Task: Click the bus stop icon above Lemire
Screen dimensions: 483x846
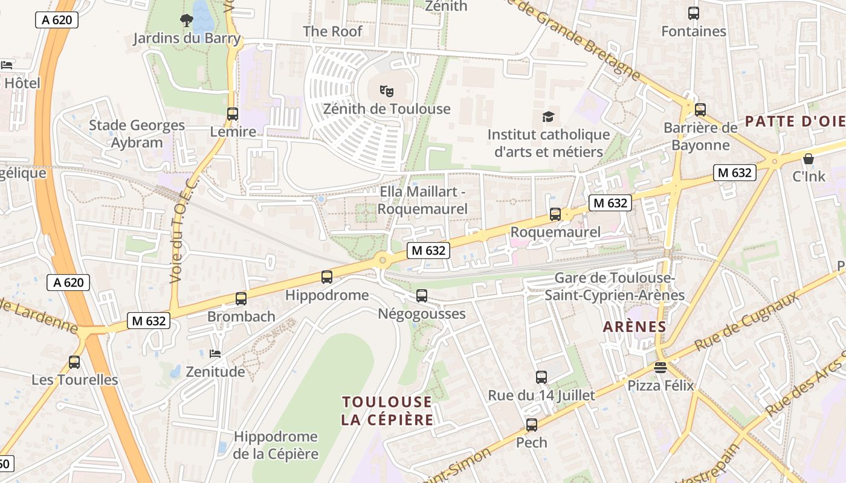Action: [x=233, y=114]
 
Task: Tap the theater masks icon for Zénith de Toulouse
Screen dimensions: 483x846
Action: [x=387, y=91]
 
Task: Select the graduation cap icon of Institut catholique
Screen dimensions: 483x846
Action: [x=548, y=117]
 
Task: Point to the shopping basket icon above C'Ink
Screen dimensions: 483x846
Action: [x=808, y=159]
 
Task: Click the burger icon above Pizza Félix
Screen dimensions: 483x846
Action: [x=660, y=368]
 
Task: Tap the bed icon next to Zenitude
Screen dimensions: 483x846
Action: [x=215, y=353]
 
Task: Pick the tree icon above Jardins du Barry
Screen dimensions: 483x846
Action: [x=187, y=21]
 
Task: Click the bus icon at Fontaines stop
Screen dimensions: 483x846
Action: [x=694, y=13]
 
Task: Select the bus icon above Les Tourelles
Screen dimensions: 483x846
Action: [x=74, y=362]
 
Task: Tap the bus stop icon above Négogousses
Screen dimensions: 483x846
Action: [x=422, y=296]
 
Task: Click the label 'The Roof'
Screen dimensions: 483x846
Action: [x=332, y=31]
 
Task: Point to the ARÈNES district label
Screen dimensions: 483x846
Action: [x=634, y=327]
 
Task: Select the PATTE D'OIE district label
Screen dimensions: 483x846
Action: [x=795, y=121]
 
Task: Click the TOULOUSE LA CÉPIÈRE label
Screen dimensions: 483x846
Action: [x=387, y=411]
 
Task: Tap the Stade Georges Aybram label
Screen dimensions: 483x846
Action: [x=137, y=134]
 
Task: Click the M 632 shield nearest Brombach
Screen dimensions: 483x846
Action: [x=148, y=321]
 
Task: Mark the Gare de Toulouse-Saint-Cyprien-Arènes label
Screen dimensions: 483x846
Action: [x=615, y=286]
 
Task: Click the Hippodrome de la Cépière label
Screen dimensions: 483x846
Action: [x=276, y=445]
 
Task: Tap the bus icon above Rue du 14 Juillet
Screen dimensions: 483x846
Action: [x=541, y=377]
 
